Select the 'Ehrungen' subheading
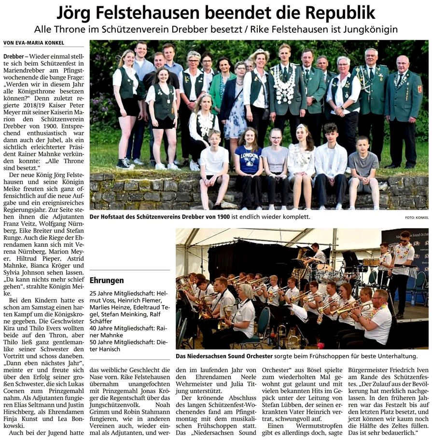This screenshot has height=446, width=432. click(107, 280)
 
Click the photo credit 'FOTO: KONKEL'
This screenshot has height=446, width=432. click(416, 218)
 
